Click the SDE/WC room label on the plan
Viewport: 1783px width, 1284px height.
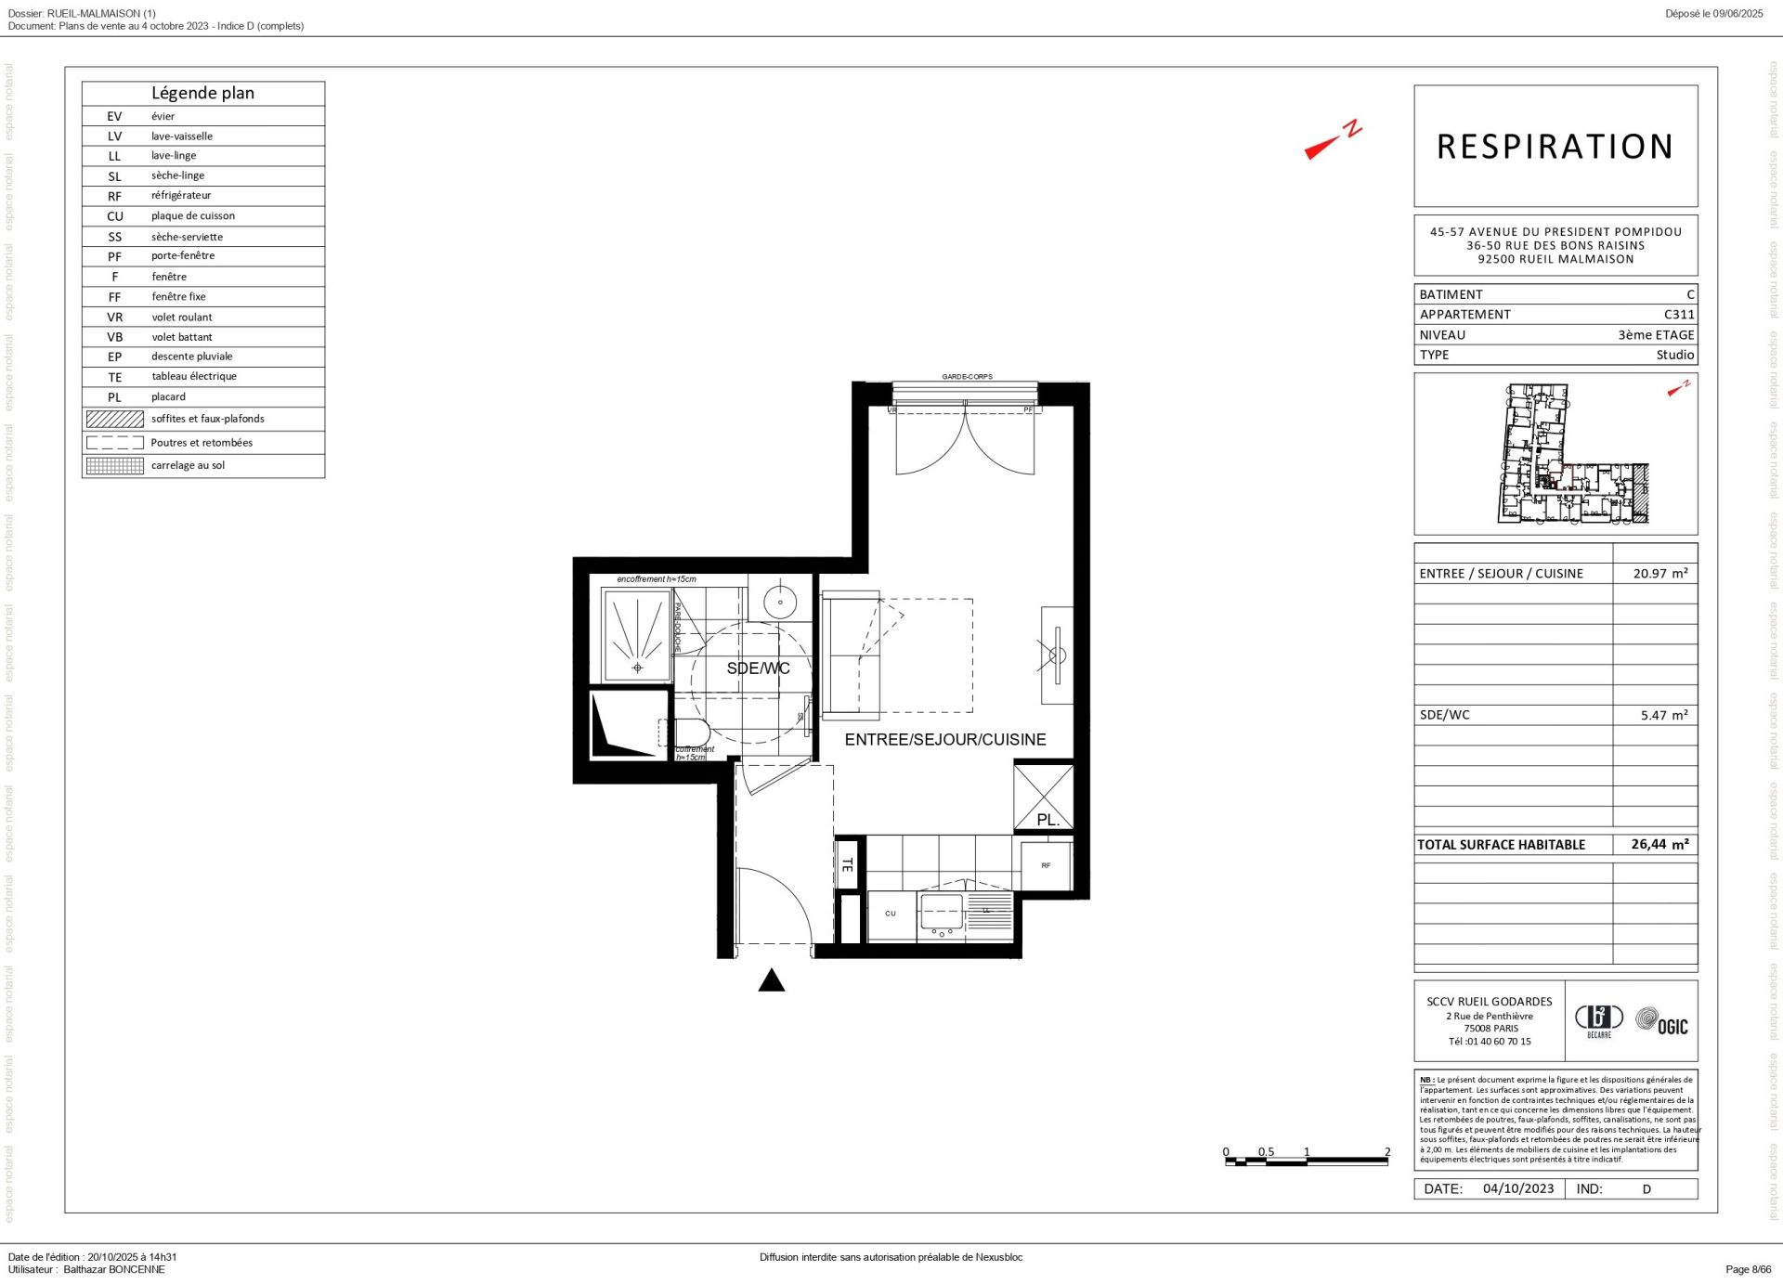tap(758, 668)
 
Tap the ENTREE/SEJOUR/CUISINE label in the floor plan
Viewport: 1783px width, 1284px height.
tap(944, 740)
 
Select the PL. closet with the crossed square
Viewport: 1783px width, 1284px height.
tap(1044, 797)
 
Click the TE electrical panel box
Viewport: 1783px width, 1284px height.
tap(847, 864)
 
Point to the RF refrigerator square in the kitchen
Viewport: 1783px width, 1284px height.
tap(1046, 866)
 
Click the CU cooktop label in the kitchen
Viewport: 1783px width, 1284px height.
tap(890, 914)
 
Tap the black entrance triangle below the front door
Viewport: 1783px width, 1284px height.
tap(771, 981)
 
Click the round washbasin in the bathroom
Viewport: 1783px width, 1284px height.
tap(780, 602)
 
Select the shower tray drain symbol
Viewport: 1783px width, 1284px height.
tap(637, 668)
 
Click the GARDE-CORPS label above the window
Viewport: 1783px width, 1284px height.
tap(967, 377)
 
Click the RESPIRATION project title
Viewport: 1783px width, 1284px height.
tap(1555, 147)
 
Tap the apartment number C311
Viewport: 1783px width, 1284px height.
tap(1678, 315)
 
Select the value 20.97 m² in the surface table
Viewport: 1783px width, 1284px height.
tap(1659, 574)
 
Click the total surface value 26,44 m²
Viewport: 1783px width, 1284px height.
tap(1659, 845)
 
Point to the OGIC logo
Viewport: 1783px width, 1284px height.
tap(1662, 1022)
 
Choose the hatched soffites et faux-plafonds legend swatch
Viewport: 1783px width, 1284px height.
tap(114, 419)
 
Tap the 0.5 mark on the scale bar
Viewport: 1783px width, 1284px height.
tap(1266, 1151)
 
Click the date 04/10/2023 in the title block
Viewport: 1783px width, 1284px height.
tap(1517, 1188)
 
